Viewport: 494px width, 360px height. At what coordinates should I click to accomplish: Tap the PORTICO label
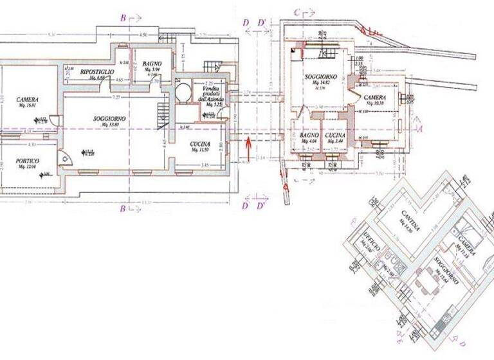click(28, 161)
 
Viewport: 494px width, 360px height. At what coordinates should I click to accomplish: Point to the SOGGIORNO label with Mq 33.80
click(109, 120)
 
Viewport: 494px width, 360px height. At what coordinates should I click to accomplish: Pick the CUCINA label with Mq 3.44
click(334, 136)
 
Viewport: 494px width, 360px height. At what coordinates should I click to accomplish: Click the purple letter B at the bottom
click(122, 208)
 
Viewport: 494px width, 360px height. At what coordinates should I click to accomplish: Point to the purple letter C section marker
click(297, 11)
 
